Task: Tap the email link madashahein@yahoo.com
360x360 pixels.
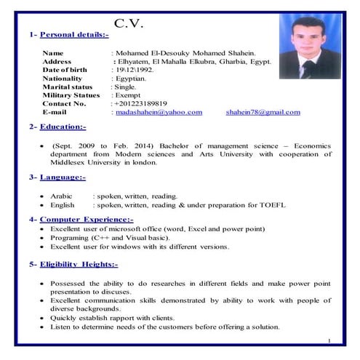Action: [x=159, y=112]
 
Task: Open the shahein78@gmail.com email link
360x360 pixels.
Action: [x=263, y=112]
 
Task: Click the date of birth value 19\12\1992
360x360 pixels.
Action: [x=134, y=70]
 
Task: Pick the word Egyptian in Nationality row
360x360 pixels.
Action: [x=131, y=78]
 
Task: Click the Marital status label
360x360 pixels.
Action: [x=68, y=87]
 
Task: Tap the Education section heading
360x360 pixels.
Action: [x=65, y=127]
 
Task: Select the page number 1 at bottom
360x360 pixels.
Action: [x=329, y=340]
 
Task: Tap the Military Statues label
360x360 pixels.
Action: [x=71, y=95]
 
